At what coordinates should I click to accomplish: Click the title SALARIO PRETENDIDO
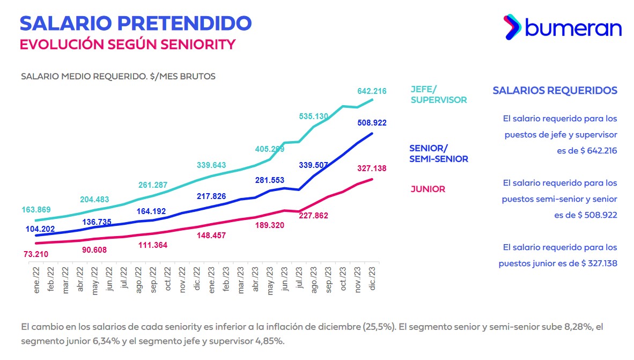coord(136,23)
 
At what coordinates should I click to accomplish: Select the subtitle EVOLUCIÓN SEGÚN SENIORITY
coord(128,44)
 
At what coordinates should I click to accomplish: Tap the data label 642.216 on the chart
coord(372,91)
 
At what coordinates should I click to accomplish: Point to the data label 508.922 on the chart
coord(372,123)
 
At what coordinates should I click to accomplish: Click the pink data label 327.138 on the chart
coord(372,168)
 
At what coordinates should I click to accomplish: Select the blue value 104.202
coord(40,229)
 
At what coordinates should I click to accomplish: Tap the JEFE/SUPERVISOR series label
coord(438,94)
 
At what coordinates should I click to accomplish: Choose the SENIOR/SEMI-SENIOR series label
coord(438,153)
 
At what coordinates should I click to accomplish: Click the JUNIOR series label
coord(428,189)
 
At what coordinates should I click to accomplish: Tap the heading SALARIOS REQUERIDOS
coord(555,91)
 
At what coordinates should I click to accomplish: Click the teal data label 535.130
coord(314,116)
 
